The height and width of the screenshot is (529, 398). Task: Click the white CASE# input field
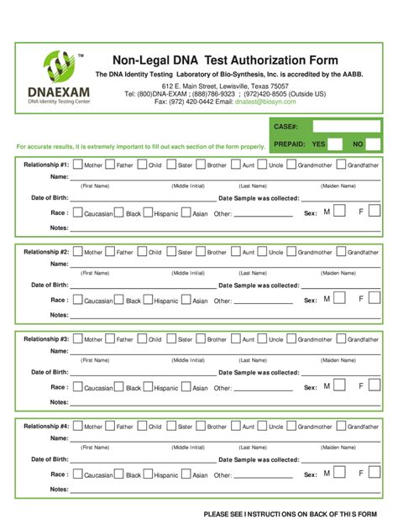(x=345, y=126)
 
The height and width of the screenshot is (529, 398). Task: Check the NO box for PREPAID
(x=371, y=144)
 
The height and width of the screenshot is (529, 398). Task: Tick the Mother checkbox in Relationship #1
(x=78, y=165)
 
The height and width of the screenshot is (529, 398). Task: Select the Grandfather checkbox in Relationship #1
(x=342, y=165)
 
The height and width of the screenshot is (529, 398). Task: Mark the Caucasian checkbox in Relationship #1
(x=78, y=212)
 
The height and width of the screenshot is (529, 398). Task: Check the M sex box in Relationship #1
(x=338, y=212)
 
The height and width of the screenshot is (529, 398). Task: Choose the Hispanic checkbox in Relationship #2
(x=148, y=300)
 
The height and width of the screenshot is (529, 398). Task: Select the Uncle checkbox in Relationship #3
(x=262, y=338)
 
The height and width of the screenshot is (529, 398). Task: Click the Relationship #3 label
(x=46, y=339)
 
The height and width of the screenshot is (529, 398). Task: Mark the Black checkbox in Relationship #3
(x=119, y=387)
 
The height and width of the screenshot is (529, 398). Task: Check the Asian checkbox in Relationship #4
(x=186, y=474)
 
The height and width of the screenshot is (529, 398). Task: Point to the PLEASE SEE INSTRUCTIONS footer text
(x=291, y=513)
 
